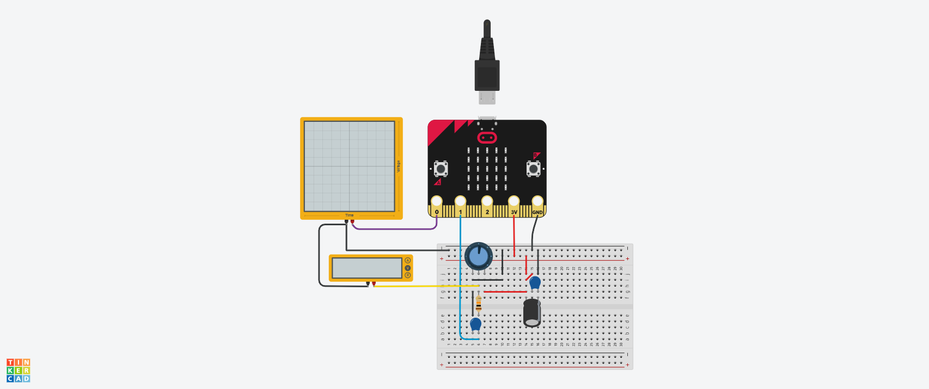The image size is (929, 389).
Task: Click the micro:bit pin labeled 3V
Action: [x=514, y=202]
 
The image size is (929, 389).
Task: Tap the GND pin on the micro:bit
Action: [x=537, y=202]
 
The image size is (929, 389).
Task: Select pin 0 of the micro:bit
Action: [x=436, y=202]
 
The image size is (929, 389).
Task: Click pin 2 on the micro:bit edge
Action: [x=487, y=202]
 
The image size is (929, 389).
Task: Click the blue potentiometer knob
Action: [x=479, y=256]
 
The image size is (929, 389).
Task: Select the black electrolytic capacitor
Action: [x=532, y=313]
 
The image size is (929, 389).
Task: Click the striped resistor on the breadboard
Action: [x=479, y=304]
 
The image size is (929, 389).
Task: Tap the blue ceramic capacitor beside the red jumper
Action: [x=535, y=282]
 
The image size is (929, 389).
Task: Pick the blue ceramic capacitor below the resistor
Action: [x=475, y=324]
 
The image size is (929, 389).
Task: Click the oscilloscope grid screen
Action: [x=349, y=166]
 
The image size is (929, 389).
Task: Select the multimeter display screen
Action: [x=366, y=268]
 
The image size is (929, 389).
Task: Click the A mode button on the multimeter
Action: [x=407, y=261]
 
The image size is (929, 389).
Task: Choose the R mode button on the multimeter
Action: [x=407, y=275]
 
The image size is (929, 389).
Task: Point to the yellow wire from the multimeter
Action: [x=425, y=286]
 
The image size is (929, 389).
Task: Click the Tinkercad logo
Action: [x=19, y=371]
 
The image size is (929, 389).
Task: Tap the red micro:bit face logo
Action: [x=487, y=137]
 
